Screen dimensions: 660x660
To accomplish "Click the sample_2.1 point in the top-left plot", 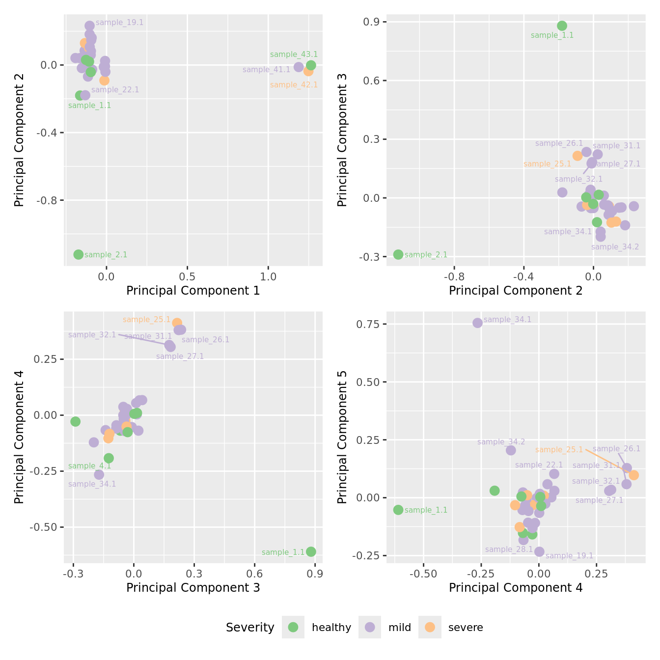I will (79, 254).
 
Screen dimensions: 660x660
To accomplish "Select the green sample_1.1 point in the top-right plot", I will (562, 26).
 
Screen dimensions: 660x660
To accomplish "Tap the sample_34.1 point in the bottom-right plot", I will (477, 323).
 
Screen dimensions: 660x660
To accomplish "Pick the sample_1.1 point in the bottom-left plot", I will (311, 551).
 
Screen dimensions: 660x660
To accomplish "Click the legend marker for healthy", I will (293, 627).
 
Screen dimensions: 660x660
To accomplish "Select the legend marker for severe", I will (430, 627).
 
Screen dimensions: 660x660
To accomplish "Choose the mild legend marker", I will (370, 627).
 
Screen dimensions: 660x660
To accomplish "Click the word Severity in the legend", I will (250, 628).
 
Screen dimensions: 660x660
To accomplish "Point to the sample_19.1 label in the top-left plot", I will (119, 23).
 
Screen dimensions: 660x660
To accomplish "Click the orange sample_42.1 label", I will (294, 85).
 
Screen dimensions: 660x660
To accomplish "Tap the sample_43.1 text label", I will (294, 55).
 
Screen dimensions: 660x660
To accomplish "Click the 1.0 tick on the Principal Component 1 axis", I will (268, 276).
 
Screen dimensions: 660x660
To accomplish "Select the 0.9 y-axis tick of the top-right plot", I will (369, 22).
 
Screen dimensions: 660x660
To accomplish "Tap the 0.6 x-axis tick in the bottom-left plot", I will (254, 574).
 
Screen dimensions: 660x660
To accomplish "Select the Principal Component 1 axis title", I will (193, 291).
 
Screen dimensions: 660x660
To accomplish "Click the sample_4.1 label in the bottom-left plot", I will (89, 466).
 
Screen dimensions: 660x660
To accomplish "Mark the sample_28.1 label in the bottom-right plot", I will (509, 550).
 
